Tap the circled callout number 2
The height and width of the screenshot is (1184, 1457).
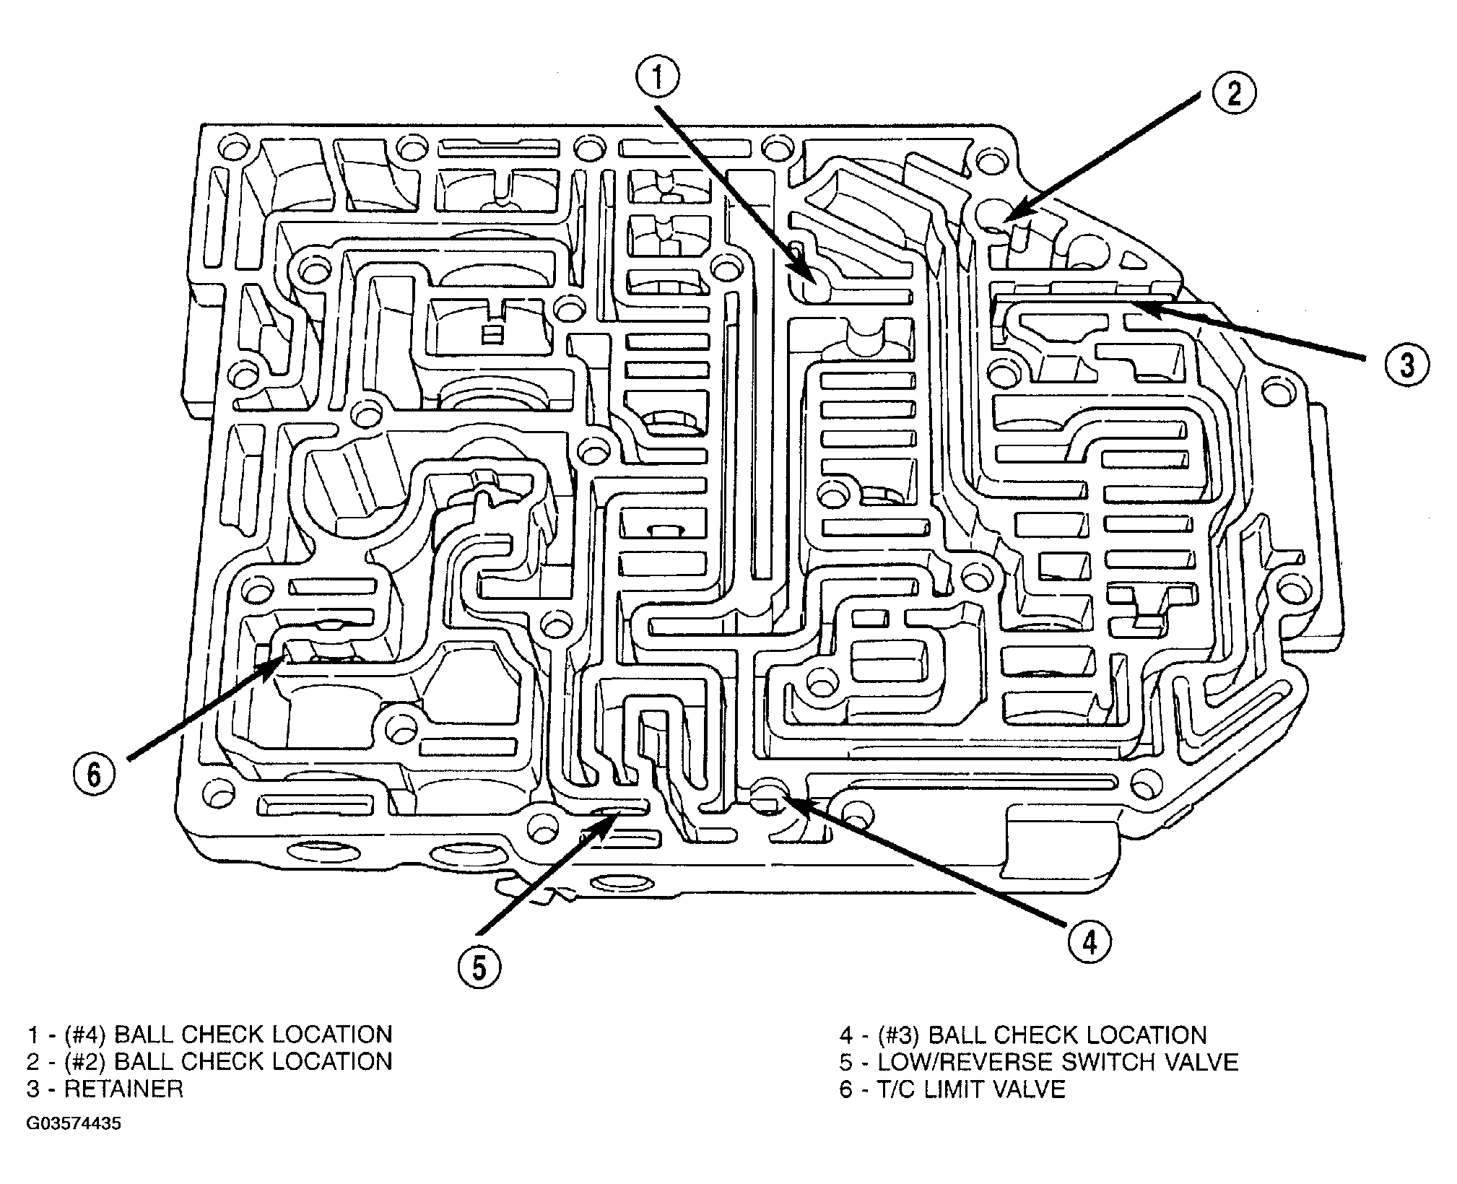(x=1232, y=92)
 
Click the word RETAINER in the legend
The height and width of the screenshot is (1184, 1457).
(x=123, y=1089)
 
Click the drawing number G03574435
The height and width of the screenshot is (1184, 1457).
(x=74, y=1125)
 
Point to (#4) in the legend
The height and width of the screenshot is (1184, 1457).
(x=85, y=1035)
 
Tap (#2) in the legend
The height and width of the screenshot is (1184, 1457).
(x=85, y=1062)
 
